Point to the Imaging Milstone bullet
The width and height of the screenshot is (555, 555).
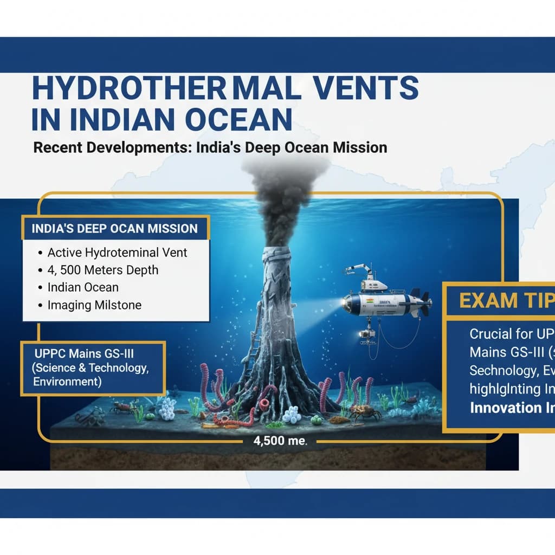[x=94, y=305]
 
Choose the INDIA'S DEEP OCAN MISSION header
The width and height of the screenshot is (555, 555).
[x=115, y=228]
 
